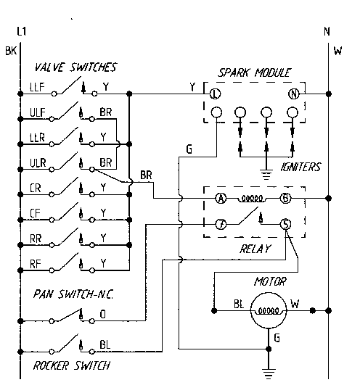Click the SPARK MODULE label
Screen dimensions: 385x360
pyautogui.click(x=254, y=73)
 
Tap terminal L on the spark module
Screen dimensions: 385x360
pyautogui.click(x=215, y=94)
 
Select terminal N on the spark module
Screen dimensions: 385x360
pyautogui.click(x=294, y=94)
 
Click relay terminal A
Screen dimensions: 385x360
pyautogui.click(x=220, y=198)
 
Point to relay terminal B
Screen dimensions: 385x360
pyautogui.click(x=286, y=198)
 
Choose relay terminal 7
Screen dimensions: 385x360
pyautogui.click(x=220, y=224)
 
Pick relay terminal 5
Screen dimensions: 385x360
pyautogui.click(x=286, y=224)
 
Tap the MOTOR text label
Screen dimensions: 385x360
pyautogui.click(x=270, y=281)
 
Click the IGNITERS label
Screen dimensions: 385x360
pyautogui.click(x=300, y=167)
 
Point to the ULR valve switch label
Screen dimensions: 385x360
pyautogui.click(x=38, y=163)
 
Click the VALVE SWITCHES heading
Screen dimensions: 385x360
pyautogui.click(x=75, y=68)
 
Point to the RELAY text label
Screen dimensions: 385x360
pyautogui.click(x=254, y=248)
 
